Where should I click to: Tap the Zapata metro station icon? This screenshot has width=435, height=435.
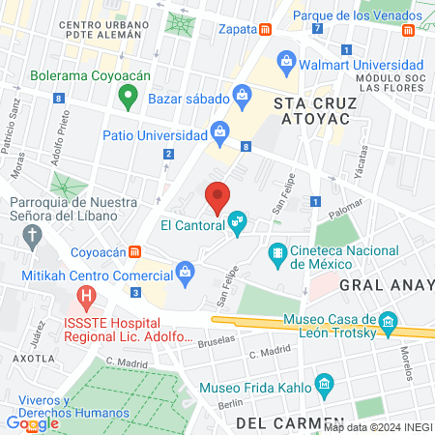[265, 29]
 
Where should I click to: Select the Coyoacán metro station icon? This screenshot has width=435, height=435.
[136, 252]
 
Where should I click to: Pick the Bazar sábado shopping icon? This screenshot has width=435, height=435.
[243, 96]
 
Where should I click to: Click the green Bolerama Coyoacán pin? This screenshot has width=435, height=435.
[126, 95]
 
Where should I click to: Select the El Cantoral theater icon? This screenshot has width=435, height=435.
[237, 224]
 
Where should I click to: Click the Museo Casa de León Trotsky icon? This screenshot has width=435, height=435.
[388, 321]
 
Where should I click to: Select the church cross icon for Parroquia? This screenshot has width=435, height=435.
[34, 233]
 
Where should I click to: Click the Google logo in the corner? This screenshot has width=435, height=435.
[33, 422]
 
